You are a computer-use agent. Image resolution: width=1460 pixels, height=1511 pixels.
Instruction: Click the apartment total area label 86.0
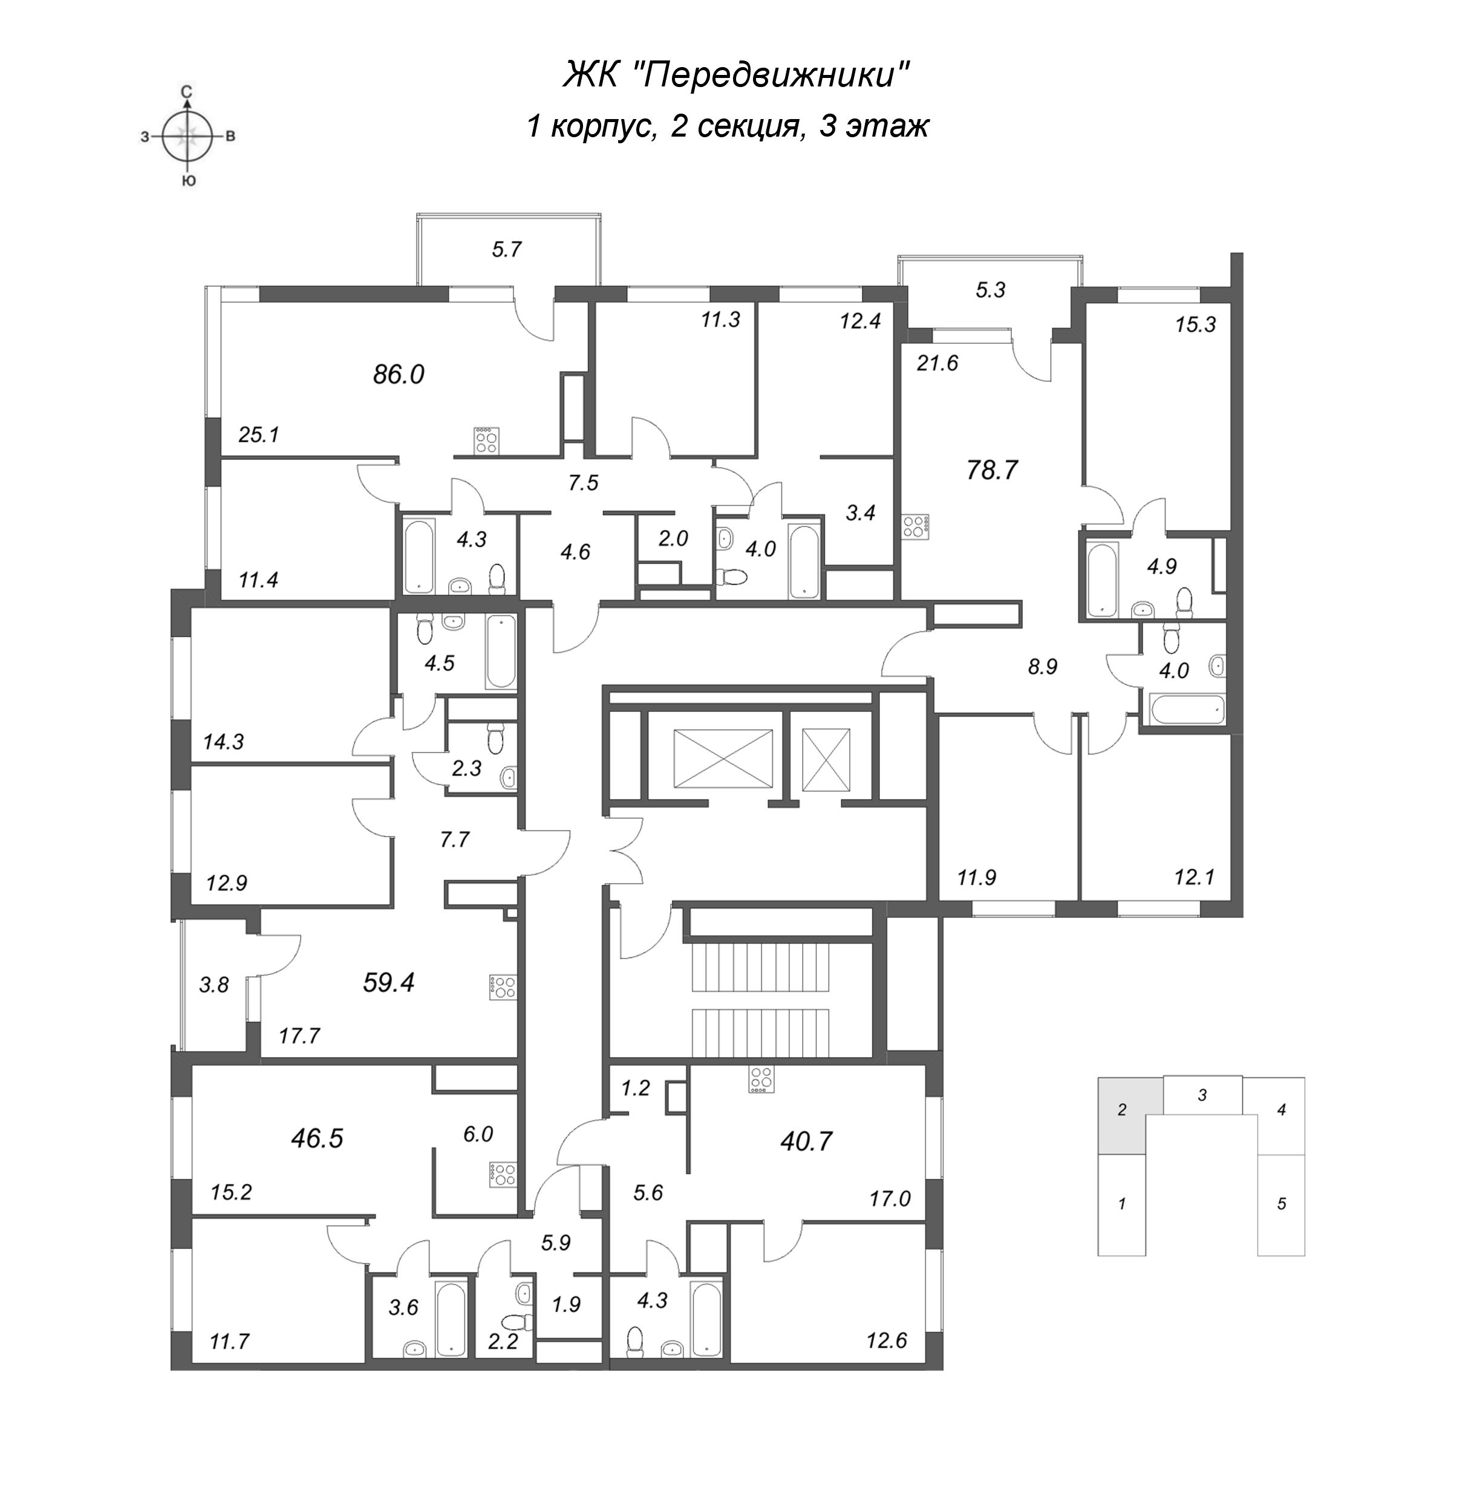click(x=399, y=375)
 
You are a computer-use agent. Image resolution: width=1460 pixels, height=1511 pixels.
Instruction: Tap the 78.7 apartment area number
click(x=992, y=470)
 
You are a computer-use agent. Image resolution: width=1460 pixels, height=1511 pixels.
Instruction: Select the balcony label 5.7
click(x=507, y=249)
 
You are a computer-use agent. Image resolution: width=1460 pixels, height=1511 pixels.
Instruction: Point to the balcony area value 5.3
click(x=990, y=290)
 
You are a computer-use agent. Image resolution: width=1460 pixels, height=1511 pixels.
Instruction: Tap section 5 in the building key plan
click(x=1281, y=1203)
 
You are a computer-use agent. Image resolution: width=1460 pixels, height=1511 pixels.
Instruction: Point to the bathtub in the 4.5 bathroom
click(x=500, y=652)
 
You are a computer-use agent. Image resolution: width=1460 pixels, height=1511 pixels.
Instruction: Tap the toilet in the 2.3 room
click(x=494, y=739)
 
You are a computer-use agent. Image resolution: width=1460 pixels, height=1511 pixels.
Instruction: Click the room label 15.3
click(x=1196, y=325)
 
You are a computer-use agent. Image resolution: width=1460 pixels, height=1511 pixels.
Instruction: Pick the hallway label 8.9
click(x=1042, y=667)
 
